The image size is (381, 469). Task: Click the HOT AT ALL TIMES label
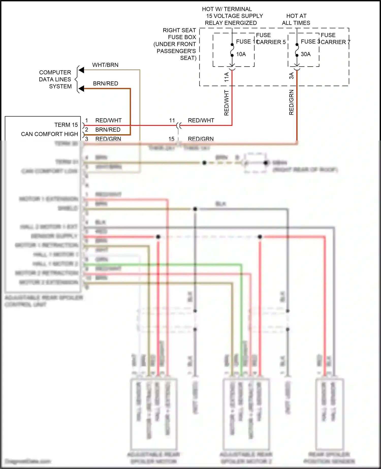tap(296, 20)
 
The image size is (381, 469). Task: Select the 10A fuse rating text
tap(241, 54)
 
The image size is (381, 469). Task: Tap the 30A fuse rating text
tap(306, 54)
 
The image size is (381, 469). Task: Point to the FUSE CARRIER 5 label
tap(271, 39)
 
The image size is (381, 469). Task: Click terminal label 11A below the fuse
tap(226, 77)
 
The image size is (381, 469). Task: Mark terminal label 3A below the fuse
tap(291, 76)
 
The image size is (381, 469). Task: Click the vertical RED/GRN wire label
tap(291, 102)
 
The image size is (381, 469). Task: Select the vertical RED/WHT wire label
tap(226, 103)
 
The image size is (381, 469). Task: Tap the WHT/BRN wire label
tap(105, 65)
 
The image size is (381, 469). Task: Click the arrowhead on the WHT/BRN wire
tap(81, 70)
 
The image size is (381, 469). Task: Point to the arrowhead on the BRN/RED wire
tap(81, 88)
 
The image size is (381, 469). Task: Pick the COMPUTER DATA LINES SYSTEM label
tap(55, 79)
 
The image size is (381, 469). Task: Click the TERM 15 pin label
tap(66, 125)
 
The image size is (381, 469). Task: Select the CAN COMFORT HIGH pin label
tap(50, 134)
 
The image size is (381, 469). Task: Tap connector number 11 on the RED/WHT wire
tap(172, 120)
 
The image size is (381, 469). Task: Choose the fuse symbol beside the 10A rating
tap(232, 50)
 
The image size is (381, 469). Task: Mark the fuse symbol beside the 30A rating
tap(297, 50)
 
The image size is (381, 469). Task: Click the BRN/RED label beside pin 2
tap(108, 130)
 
